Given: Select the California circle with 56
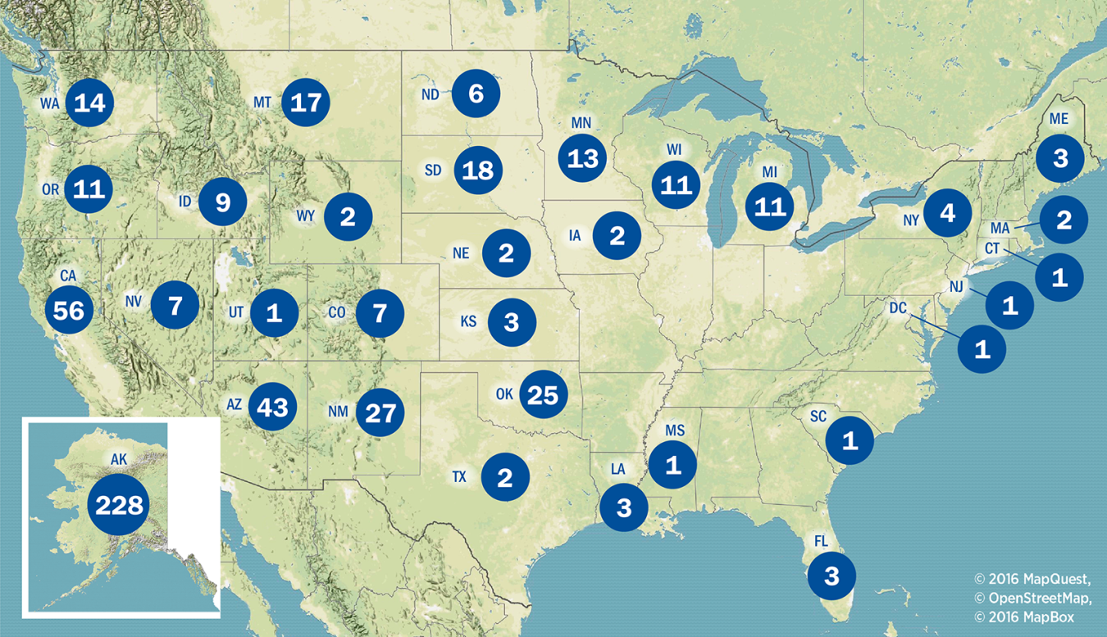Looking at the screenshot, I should click(70, 309).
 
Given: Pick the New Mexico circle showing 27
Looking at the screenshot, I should click(380, 413).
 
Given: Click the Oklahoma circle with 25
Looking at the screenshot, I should click(543, 395).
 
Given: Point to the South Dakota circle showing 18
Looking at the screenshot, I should click(478, 171).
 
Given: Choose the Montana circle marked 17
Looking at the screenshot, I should click(306, 103).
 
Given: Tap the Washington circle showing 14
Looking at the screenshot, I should click(89, 103).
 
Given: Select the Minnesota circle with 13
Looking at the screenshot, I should click(582, 157).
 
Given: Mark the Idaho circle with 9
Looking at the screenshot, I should click(222, 202).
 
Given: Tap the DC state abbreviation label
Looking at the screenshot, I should click(899, 308).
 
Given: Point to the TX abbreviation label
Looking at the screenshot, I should click(459, 476).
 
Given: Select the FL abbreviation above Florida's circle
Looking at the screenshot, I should click(822, 542).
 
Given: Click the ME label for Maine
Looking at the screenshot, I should click(1059, 119).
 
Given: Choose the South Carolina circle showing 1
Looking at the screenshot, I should click(850, 441).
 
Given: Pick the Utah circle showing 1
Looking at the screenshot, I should click(274, 312).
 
